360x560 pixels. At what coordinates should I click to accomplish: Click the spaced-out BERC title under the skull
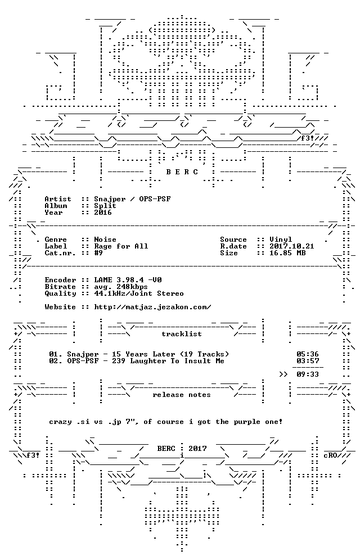pos(182,172)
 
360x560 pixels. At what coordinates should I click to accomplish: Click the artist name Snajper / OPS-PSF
pos(133,199)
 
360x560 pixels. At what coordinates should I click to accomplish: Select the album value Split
pos(105,206)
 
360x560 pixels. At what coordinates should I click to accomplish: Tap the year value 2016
pos(103,213)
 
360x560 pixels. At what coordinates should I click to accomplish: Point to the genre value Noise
pos(105,240)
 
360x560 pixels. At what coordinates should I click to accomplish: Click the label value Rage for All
pos(121,246)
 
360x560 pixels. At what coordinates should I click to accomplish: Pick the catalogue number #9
pos(98,253)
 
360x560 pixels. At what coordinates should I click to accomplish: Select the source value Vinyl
pos(281,240)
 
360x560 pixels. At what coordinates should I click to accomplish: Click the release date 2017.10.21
pos(292,246)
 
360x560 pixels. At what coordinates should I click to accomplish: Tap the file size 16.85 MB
pos(287,253)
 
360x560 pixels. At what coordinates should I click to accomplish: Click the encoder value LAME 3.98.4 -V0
pos(128,280)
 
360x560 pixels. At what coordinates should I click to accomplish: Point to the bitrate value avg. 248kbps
pos(121,287)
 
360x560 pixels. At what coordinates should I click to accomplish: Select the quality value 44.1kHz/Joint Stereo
pos(139,293)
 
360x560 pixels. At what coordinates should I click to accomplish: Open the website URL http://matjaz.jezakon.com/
pos(152,307)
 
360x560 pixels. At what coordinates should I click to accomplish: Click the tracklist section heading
pos(182,334)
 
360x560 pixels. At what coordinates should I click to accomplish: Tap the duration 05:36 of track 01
pos(308,354)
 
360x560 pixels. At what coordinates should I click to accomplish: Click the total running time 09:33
pos(308,374)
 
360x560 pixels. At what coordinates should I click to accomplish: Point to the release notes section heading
pos(182,395)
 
